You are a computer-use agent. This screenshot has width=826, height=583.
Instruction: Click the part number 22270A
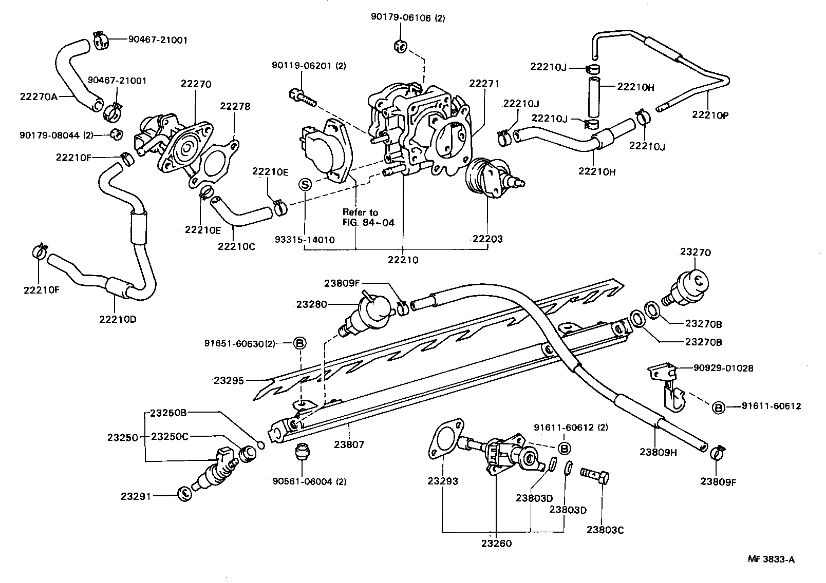(x=39, y=95)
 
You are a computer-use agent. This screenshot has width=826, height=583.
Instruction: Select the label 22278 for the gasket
(x=235, y=106)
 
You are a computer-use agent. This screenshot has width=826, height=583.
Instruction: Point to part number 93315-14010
(x=305, y=240)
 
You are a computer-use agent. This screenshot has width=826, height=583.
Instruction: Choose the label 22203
(x=487, y=239)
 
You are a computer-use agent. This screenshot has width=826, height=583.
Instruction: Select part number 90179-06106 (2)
(x=408, y=18)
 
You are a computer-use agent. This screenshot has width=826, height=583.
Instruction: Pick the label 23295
(x=230, y=380)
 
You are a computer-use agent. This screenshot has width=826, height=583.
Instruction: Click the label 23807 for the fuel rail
(x=349, y=444)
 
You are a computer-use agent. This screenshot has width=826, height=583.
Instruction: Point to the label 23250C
(x=170, y=437)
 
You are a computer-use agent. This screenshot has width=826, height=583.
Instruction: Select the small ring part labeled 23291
(x=184, y=495)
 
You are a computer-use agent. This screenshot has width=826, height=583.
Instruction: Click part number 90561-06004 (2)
(x=310, y=481)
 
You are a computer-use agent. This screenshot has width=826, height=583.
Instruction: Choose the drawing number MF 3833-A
(x=771, y=559)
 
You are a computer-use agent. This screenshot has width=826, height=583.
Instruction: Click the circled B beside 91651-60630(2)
(x=299, y=343)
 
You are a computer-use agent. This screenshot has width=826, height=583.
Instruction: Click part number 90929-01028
(x=723, y=368)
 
